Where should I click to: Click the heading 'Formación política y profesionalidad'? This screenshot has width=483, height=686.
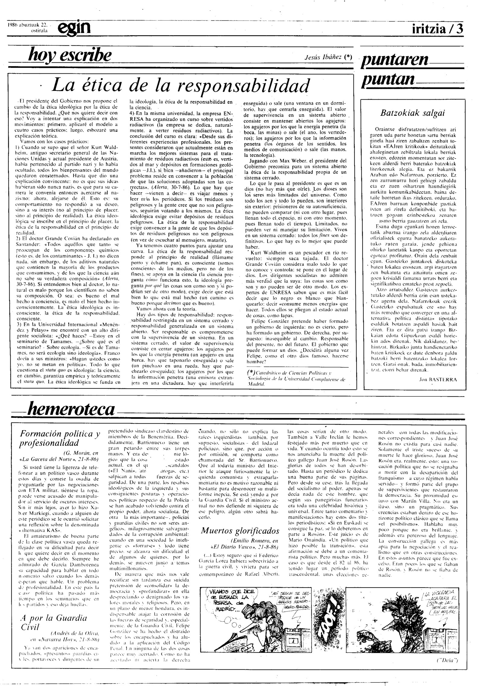point(60,439)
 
